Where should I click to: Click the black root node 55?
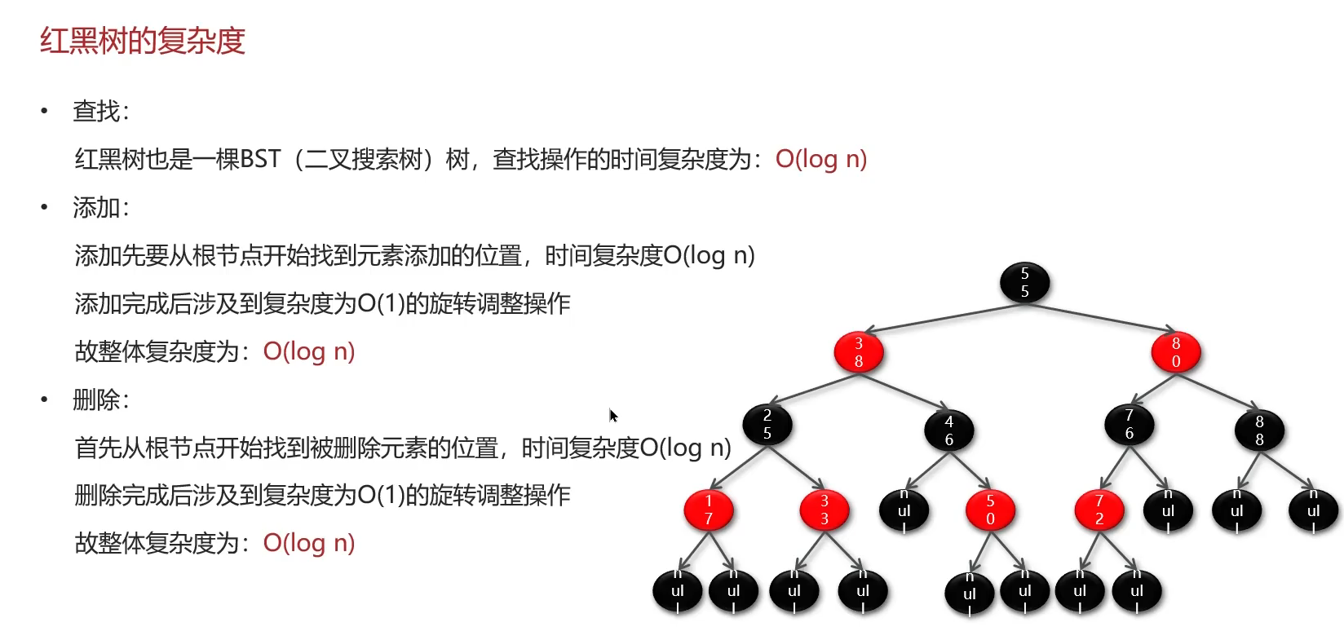click(x=1024, y=283)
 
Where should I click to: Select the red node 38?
click(x=859, y=352)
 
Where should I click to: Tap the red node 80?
click(x=1175, y=352)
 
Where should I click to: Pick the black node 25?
click(x=767, y=425)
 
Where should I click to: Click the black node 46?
click(x=949, y=430)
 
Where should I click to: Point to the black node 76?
click(x=1129, y=425)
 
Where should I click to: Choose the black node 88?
click(x=1259, y=430)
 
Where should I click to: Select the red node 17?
click(x=709, y=510)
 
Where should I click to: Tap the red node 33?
click(x=825, y=510)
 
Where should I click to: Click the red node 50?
click(x=990, y=510)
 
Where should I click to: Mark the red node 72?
click(x=1099, y=510)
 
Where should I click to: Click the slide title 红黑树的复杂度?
click(x=143, y=41)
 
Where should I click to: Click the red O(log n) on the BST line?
click(x=820, y=159)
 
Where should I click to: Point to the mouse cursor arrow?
click(x=613, y=416)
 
